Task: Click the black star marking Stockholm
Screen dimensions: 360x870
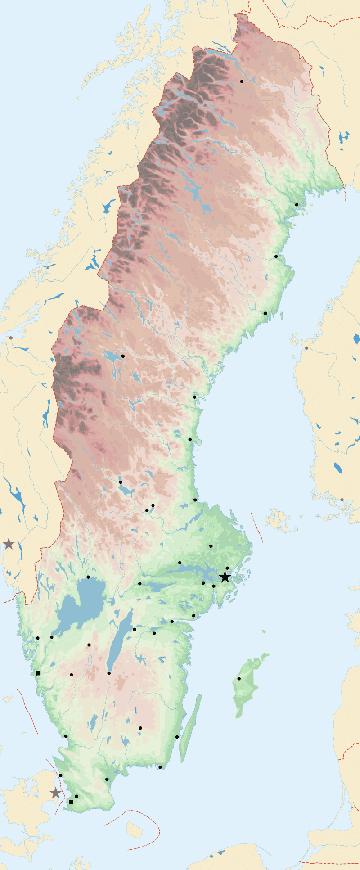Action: pos(225,577)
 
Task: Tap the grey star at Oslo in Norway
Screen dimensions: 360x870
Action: pos(9,544)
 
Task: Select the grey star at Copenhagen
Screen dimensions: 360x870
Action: pos(55,793)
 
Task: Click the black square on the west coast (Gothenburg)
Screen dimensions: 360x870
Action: pos(38,673)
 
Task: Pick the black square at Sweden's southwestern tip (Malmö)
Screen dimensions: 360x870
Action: pos(71,802)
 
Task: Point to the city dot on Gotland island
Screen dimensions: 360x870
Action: pos(239,679)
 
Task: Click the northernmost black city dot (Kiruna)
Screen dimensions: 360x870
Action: pos(242,81)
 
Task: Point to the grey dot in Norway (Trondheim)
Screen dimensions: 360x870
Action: pos(11,338)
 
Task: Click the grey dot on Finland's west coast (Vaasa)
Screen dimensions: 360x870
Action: pos(307,348)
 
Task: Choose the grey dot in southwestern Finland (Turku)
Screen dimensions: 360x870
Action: pos(342,500)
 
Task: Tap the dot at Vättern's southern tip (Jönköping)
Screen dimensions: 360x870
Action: pos(109,673)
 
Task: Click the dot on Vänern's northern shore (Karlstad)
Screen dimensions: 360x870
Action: pos(88,577)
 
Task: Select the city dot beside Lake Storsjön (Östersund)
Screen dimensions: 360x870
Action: pos(123,356)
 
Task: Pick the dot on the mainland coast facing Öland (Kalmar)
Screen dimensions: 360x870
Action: pos(177,737)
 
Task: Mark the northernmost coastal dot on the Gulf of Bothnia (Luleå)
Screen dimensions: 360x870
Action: pos(297,205)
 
